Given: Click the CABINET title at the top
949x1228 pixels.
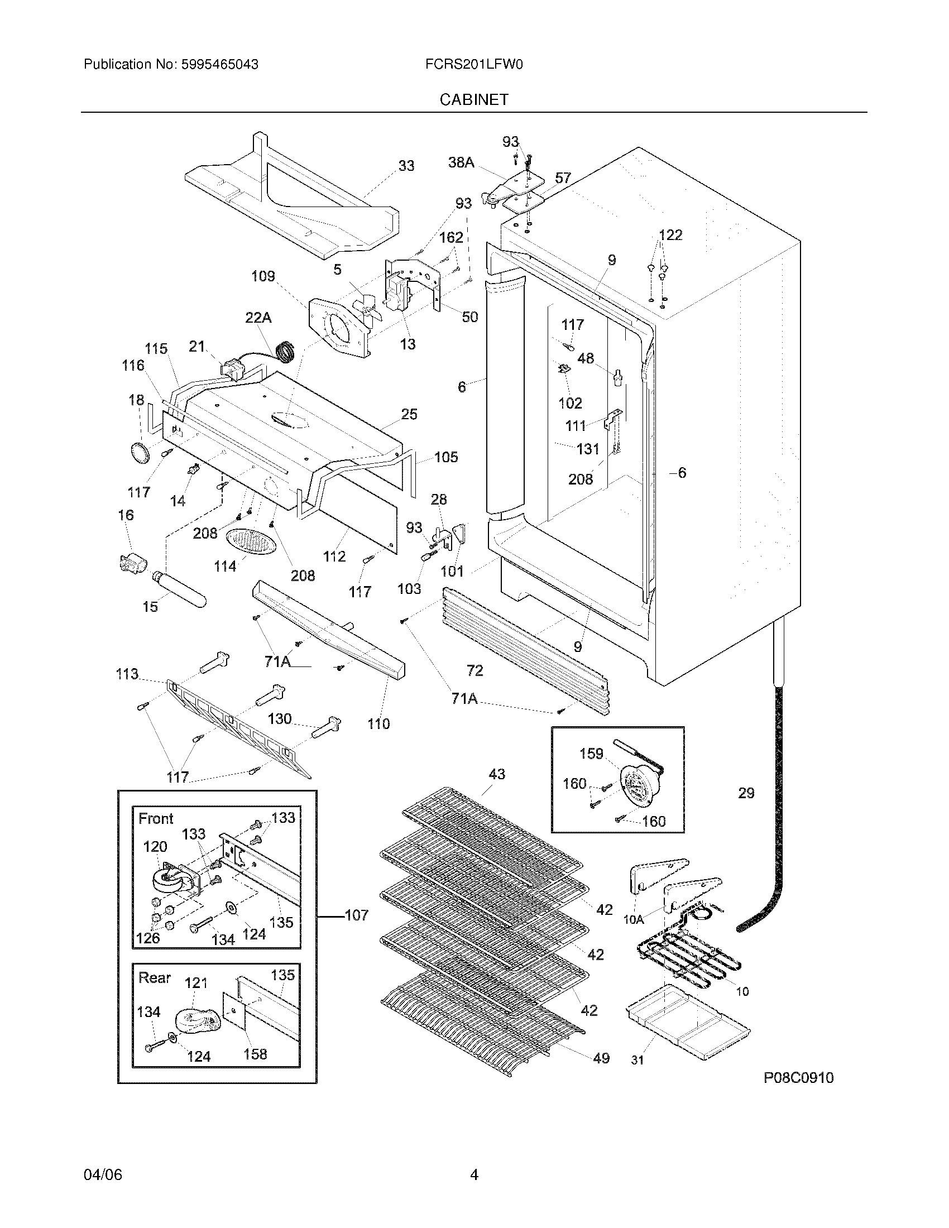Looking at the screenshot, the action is tap(474, 99).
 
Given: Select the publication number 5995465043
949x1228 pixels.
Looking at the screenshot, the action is tap(220, 65).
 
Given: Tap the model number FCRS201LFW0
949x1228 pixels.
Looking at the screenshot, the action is tap(474, 65).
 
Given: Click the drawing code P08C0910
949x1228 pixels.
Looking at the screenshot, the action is tap(798, 1078).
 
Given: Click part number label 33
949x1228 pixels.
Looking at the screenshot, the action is tap(406, 166).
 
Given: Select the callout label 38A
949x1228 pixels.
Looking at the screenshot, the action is tap(461, 162).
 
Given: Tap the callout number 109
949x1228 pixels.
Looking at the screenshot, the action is tap(263, 276).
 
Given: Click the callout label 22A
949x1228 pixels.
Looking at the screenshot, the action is tap(258, 318).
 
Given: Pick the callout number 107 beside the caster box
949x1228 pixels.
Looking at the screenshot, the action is tap(357, 915).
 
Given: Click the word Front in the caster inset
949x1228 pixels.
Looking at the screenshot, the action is tap(156, 819).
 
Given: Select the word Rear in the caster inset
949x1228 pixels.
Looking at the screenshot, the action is tap(155, 978).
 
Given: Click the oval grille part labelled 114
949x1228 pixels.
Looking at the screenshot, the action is tap(251, 542).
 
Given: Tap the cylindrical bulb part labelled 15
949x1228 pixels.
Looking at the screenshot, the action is tap(179, 588).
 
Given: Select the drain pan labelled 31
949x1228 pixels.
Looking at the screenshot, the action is tap(688, 1030).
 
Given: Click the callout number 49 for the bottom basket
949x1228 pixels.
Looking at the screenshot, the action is tap(601, 1058).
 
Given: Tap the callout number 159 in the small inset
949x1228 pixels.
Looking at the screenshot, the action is tap(591, 754).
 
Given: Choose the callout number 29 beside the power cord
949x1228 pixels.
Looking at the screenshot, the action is tap(746, 793).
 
